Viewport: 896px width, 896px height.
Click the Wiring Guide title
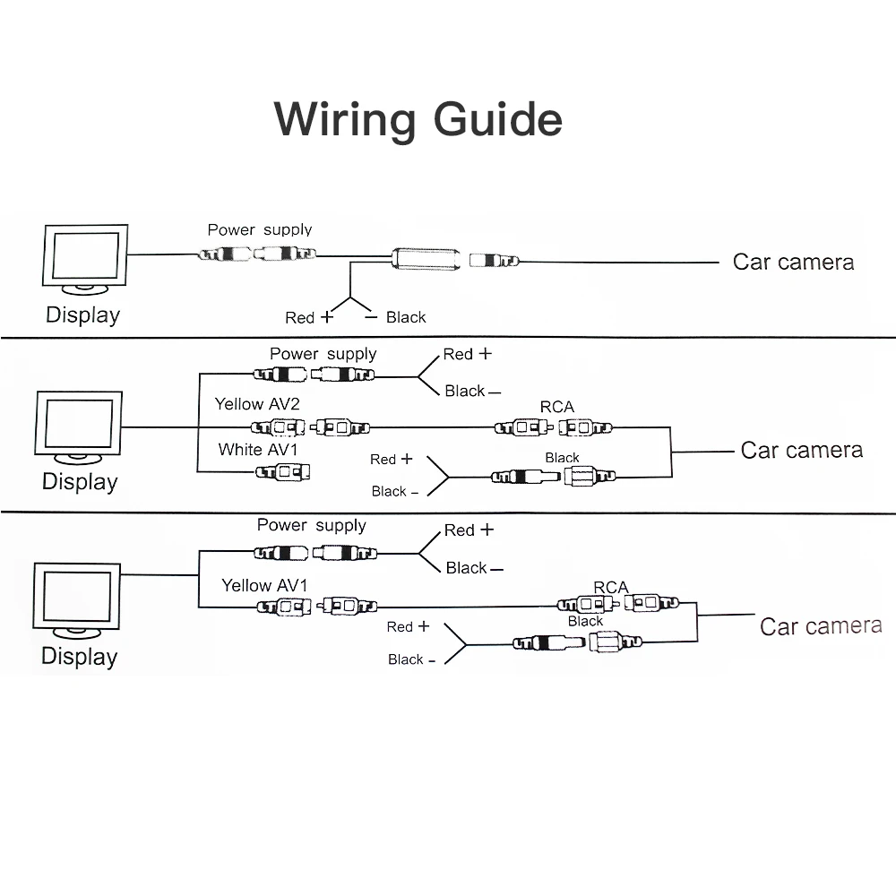pos(418,119)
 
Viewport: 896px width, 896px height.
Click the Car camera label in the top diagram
pos(793,262)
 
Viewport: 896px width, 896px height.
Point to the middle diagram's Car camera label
pos(801,450)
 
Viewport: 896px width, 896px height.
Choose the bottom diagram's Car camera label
pos(820,625)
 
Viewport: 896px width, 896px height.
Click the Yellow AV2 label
pos(256,404)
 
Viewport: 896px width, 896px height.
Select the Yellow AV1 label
pos(264,585)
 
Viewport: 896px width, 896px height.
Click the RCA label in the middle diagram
pos(556,408)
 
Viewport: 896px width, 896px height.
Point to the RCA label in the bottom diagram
pos(610,588)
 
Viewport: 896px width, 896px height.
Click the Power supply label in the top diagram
pos(260,230)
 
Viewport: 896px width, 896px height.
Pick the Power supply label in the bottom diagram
pos(311,526)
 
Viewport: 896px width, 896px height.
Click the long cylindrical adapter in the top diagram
pos(425,261)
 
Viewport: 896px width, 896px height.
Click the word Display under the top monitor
pos(82,315)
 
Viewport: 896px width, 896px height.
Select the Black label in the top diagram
pos(406,317)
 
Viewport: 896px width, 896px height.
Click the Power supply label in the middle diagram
pos(323,354)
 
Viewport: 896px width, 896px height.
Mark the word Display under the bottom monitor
pos(79,656)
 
